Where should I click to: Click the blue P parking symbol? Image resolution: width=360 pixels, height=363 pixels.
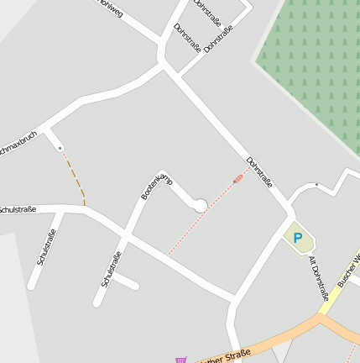click(297, 238)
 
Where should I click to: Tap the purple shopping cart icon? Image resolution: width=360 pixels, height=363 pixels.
click(180, 360)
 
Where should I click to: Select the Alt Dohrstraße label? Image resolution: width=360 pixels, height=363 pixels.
click(318, 278)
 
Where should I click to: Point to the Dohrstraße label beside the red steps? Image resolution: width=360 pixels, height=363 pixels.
click(259, 172)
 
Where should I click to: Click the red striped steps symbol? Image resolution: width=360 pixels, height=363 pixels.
click(241, 177)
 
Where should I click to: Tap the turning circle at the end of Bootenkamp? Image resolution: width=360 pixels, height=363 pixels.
click(200, 204)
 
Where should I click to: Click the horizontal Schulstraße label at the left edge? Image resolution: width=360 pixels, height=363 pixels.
click(17, 209)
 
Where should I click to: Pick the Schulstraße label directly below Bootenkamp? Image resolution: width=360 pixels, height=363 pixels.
click(111, 269)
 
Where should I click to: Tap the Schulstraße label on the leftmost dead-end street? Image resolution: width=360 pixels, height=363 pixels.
click(46, 249)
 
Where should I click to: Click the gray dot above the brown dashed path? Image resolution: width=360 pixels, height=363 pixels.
click(60, 149)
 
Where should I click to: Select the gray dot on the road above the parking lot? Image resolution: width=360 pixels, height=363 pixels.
click(316, 184)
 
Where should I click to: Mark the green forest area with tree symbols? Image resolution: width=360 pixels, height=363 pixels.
click(310, 59)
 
